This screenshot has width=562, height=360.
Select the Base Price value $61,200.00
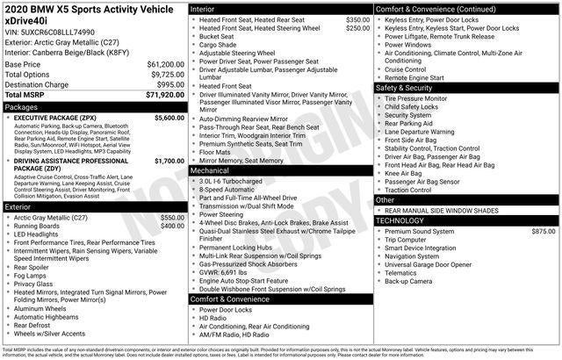[165, 65]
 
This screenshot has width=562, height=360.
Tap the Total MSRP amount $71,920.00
[165, 95]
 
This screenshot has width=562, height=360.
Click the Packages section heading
[22, 106]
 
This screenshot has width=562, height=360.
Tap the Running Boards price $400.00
[172, 226]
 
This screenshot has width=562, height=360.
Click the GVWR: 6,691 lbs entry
[231, 271]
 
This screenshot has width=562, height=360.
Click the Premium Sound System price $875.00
[543, 230]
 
